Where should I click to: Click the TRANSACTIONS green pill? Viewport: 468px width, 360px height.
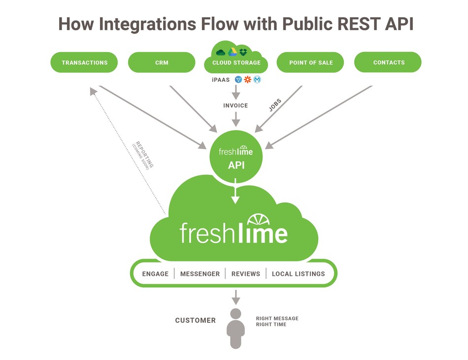[84, 63]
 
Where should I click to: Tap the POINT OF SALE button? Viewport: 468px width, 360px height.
[310, 63]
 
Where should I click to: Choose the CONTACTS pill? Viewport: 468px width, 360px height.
[388, 63]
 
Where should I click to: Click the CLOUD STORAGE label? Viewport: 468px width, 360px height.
[236, 63]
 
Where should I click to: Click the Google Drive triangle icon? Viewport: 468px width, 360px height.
[233, 52]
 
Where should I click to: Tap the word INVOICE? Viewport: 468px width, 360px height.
[235, 105]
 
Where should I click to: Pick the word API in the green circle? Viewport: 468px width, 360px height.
[236, 165]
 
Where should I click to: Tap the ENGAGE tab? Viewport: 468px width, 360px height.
[155, 274]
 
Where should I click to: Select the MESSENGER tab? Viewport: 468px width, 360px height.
[200, 274]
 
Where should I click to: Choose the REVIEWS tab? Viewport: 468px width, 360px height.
[245, 274]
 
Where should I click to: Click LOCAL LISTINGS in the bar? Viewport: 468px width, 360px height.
[298, 274]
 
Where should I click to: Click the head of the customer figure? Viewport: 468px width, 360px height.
[235, 314]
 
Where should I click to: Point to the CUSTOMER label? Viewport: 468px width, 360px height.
[196, 321]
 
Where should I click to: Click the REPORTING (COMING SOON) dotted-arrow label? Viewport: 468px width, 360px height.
[143, 156]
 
